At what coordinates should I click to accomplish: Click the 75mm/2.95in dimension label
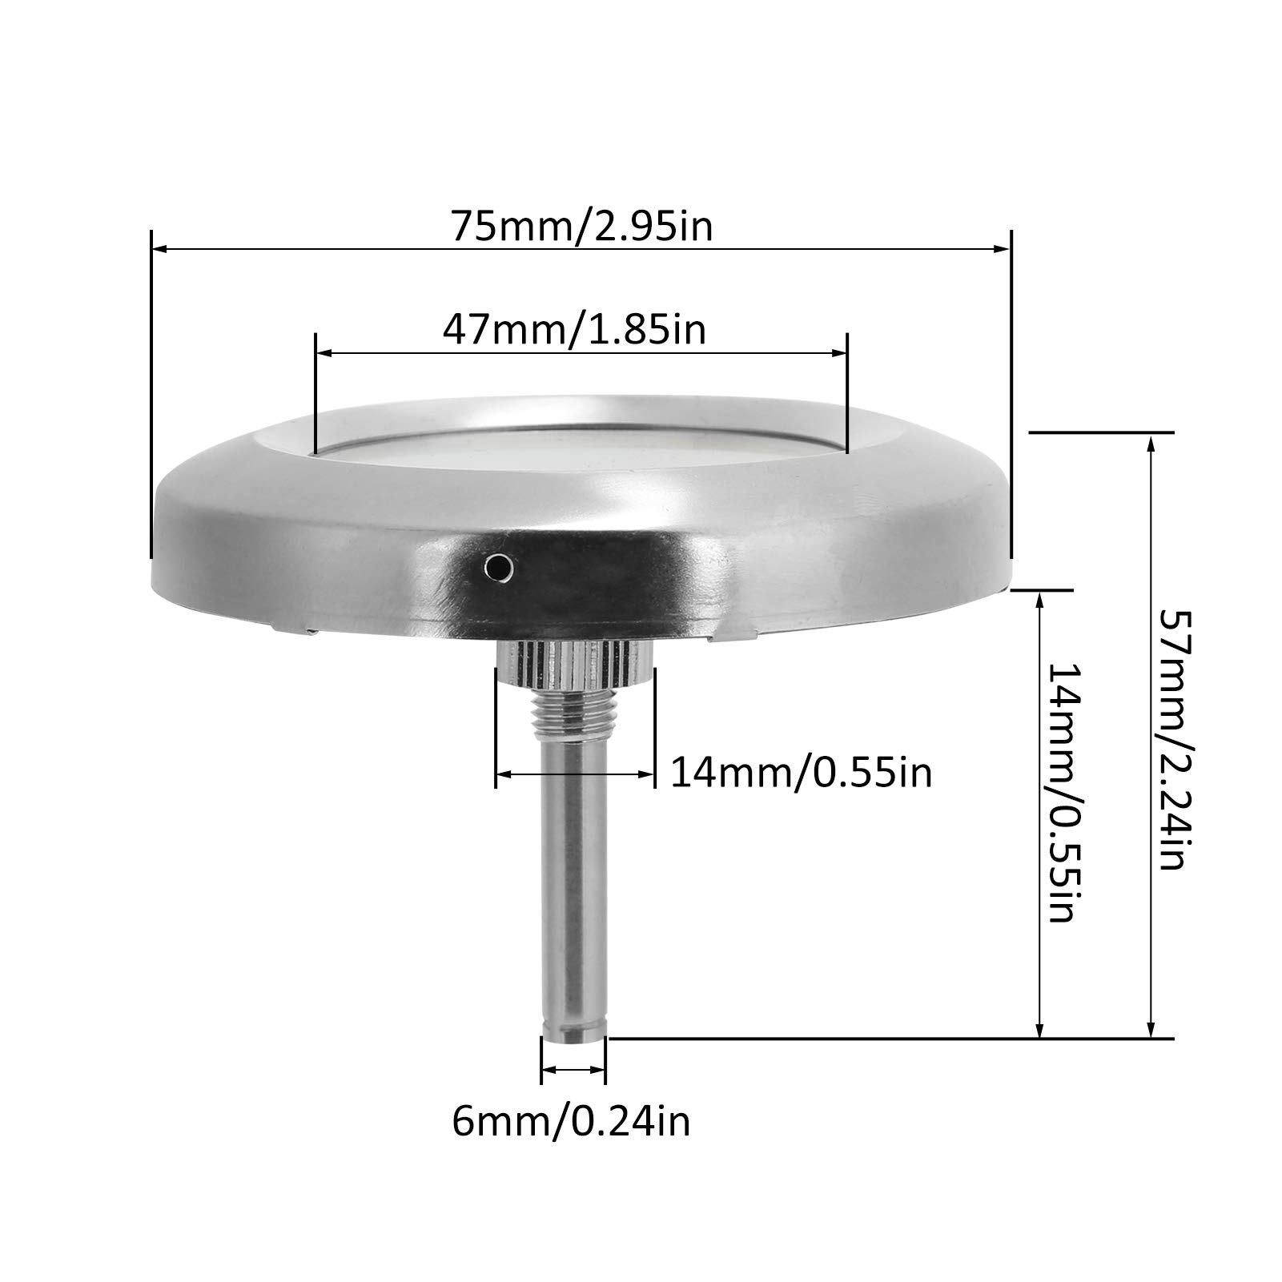[581, 227]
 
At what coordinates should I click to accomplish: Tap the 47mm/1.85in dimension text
[574, 329]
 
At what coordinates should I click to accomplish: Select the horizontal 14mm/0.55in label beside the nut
[801, 774]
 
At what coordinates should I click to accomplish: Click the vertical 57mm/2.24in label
[1171, 741]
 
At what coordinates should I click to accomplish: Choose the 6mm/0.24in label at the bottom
[570, 1122]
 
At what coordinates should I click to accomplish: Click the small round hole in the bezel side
[499, 567]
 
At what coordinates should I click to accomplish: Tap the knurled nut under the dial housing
[574, 661]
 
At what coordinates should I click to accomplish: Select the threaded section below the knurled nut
[574, 708]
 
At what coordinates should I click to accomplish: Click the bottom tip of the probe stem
[573, 1033]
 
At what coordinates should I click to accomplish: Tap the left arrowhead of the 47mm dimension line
[325, 352]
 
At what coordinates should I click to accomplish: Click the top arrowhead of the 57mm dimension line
[1151, 443]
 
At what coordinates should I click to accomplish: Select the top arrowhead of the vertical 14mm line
[1039, 601]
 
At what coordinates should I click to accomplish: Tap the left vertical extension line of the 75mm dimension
[150, 400]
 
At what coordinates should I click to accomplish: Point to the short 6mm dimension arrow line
[573, 1069]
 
